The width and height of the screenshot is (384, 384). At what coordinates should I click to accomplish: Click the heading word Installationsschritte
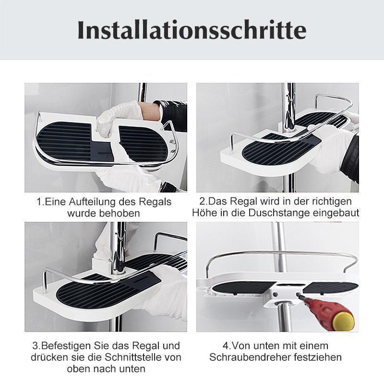(192, 30)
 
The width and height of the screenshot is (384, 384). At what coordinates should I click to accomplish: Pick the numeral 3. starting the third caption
(36, 346)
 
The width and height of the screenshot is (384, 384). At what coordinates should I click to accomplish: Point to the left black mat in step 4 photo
(240, 288)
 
